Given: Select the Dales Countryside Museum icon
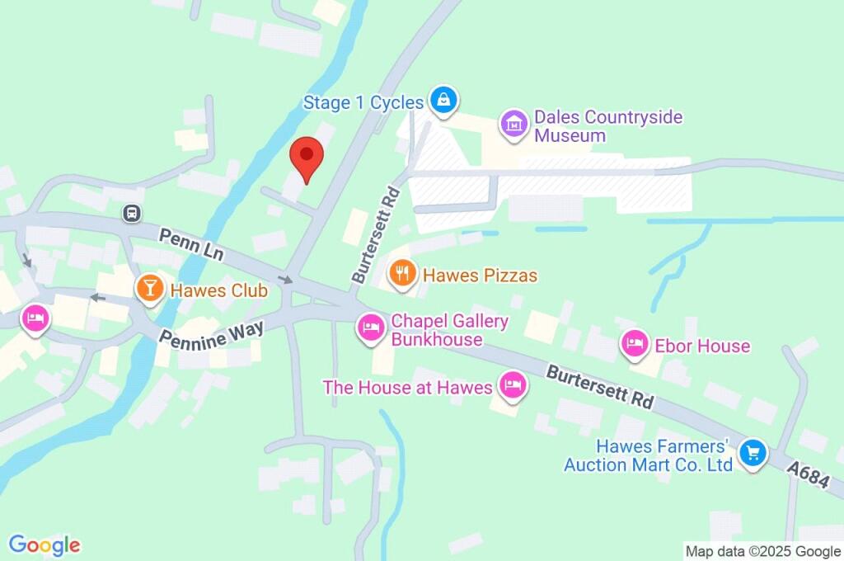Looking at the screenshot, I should point(514,125).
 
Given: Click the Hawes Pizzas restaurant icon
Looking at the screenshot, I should point(402,274).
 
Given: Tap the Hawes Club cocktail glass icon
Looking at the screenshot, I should point(149,289).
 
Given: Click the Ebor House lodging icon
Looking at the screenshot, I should point(634,344).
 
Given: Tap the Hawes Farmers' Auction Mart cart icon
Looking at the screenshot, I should point(752,453).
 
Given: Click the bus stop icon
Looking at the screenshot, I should point(131,214).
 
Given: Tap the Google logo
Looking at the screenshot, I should point(45,544).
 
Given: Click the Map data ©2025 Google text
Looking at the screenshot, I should point(762,551).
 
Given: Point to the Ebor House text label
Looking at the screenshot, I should point(701,345).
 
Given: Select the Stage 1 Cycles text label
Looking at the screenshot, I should point(363,103).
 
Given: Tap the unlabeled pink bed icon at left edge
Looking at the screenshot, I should point(35,318).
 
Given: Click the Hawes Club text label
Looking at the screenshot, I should point(218,290).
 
